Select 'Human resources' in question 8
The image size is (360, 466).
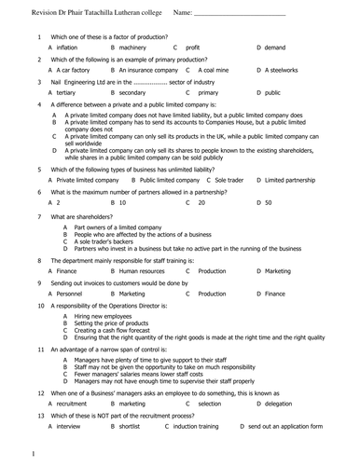pyautogui.click(x=142, y=270)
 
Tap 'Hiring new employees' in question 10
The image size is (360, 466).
pyautogui.click(x=107, y=317)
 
